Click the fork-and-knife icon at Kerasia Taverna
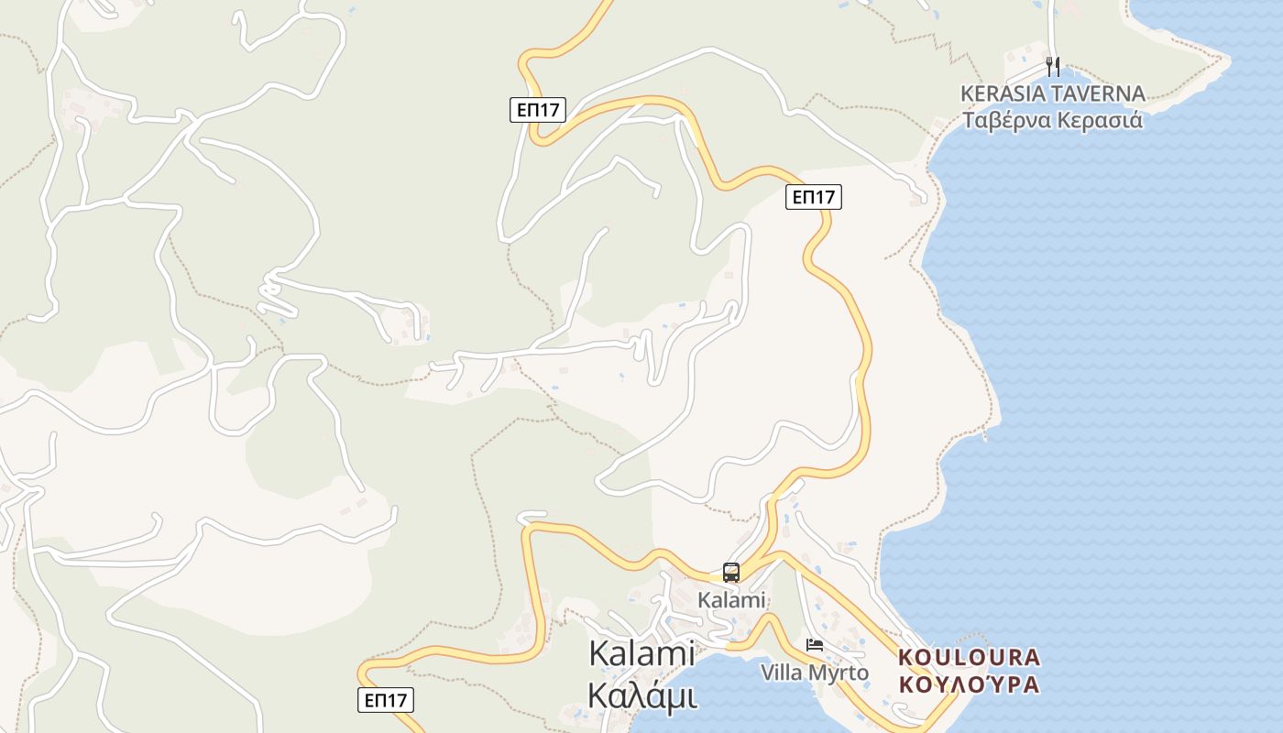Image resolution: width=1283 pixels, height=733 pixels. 1053,66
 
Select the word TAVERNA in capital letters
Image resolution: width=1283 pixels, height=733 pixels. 1100,93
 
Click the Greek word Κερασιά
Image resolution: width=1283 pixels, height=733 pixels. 1100,120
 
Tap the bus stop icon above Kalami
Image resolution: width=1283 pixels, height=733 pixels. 730,573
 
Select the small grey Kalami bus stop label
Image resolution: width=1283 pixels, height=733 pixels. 730,600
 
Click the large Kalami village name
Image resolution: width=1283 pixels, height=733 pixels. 641,654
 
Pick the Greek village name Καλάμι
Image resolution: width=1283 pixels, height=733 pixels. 641,695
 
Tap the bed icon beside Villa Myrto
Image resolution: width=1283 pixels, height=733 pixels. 814,645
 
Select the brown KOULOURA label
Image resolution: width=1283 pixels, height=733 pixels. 970,657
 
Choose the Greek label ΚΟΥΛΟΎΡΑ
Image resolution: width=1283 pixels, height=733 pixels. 970,684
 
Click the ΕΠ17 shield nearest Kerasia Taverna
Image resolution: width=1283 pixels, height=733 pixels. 813,196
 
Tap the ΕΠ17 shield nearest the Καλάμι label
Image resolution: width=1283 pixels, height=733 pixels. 385,700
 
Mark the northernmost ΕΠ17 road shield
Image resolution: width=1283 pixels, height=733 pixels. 538,110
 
